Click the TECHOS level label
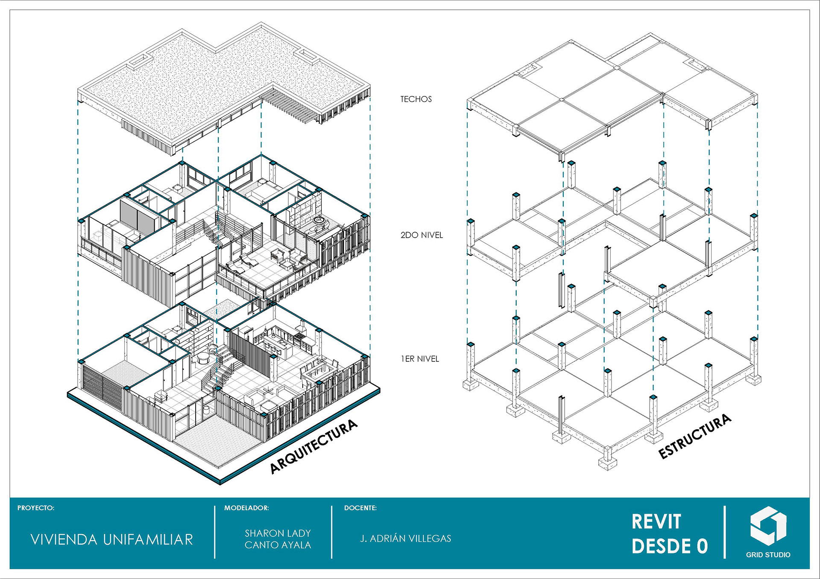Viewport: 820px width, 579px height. point(416,99)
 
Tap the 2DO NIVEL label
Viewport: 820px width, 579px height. point(421,235)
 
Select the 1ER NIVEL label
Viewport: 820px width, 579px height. point(419,359)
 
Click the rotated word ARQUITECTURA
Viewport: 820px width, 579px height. point(313,446)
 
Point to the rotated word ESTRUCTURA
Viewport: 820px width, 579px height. point(695,436)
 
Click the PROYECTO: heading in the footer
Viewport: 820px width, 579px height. point(36,508)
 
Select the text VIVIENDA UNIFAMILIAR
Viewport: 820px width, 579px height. point(112,540)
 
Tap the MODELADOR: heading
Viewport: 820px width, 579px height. point(246,508)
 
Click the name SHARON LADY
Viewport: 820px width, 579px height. point(278,533)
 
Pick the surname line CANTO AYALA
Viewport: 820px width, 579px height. point(278,545)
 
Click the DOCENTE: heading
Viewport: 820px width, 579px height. point(360,508)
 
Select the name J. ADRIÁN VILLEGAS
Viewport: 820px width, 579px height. point(405,538)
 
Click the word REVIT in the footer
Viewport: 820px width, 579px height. point(656,521)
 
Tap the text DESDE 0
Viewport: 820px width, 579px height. point(669,546)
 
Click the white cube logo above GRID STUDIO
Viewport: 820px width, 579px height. point(768,526)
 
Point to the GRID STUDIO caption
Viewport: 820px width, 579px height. point(768,555)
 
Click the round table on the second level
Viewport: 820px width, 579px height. point(319,221)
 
